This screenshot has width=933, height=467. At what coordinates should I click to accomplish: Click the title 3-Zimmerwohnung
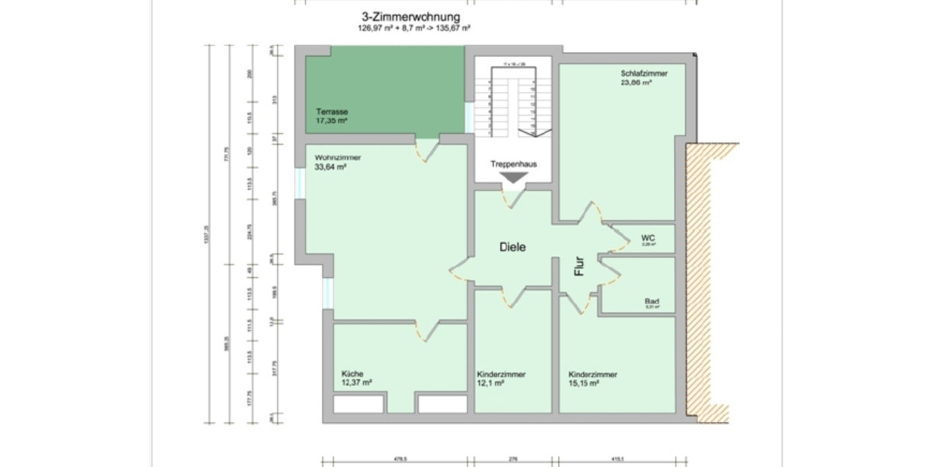click(x=411, y=16)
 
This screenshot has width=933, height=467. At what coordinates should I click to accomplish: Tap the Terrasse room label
click(x=331, y=111)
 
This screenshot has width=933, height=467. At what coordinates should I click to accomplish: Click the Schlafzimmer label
click(x=644, y=72)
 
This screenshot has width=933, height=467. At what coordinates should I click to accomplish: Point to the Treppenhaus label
click(x=514, y=164)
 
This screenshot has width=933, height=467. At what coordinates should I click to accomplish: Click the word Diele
click(x=513, y=247)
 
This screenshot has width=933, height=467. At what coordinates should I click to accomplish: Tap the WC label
click(x=648, y=237)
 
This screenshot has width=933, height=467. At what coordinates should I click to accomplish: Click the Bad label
click(x=652, y=300)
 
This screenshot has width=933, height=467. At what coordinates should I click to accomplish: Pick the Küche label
click(x=352, y=374)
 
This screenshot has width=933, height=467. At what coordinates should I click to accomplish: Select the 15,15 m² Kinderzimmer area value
click(x=584, y=384)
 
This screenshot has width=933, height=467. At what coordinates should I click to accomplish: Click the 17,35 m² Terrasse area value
click(x=331, y=121)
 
